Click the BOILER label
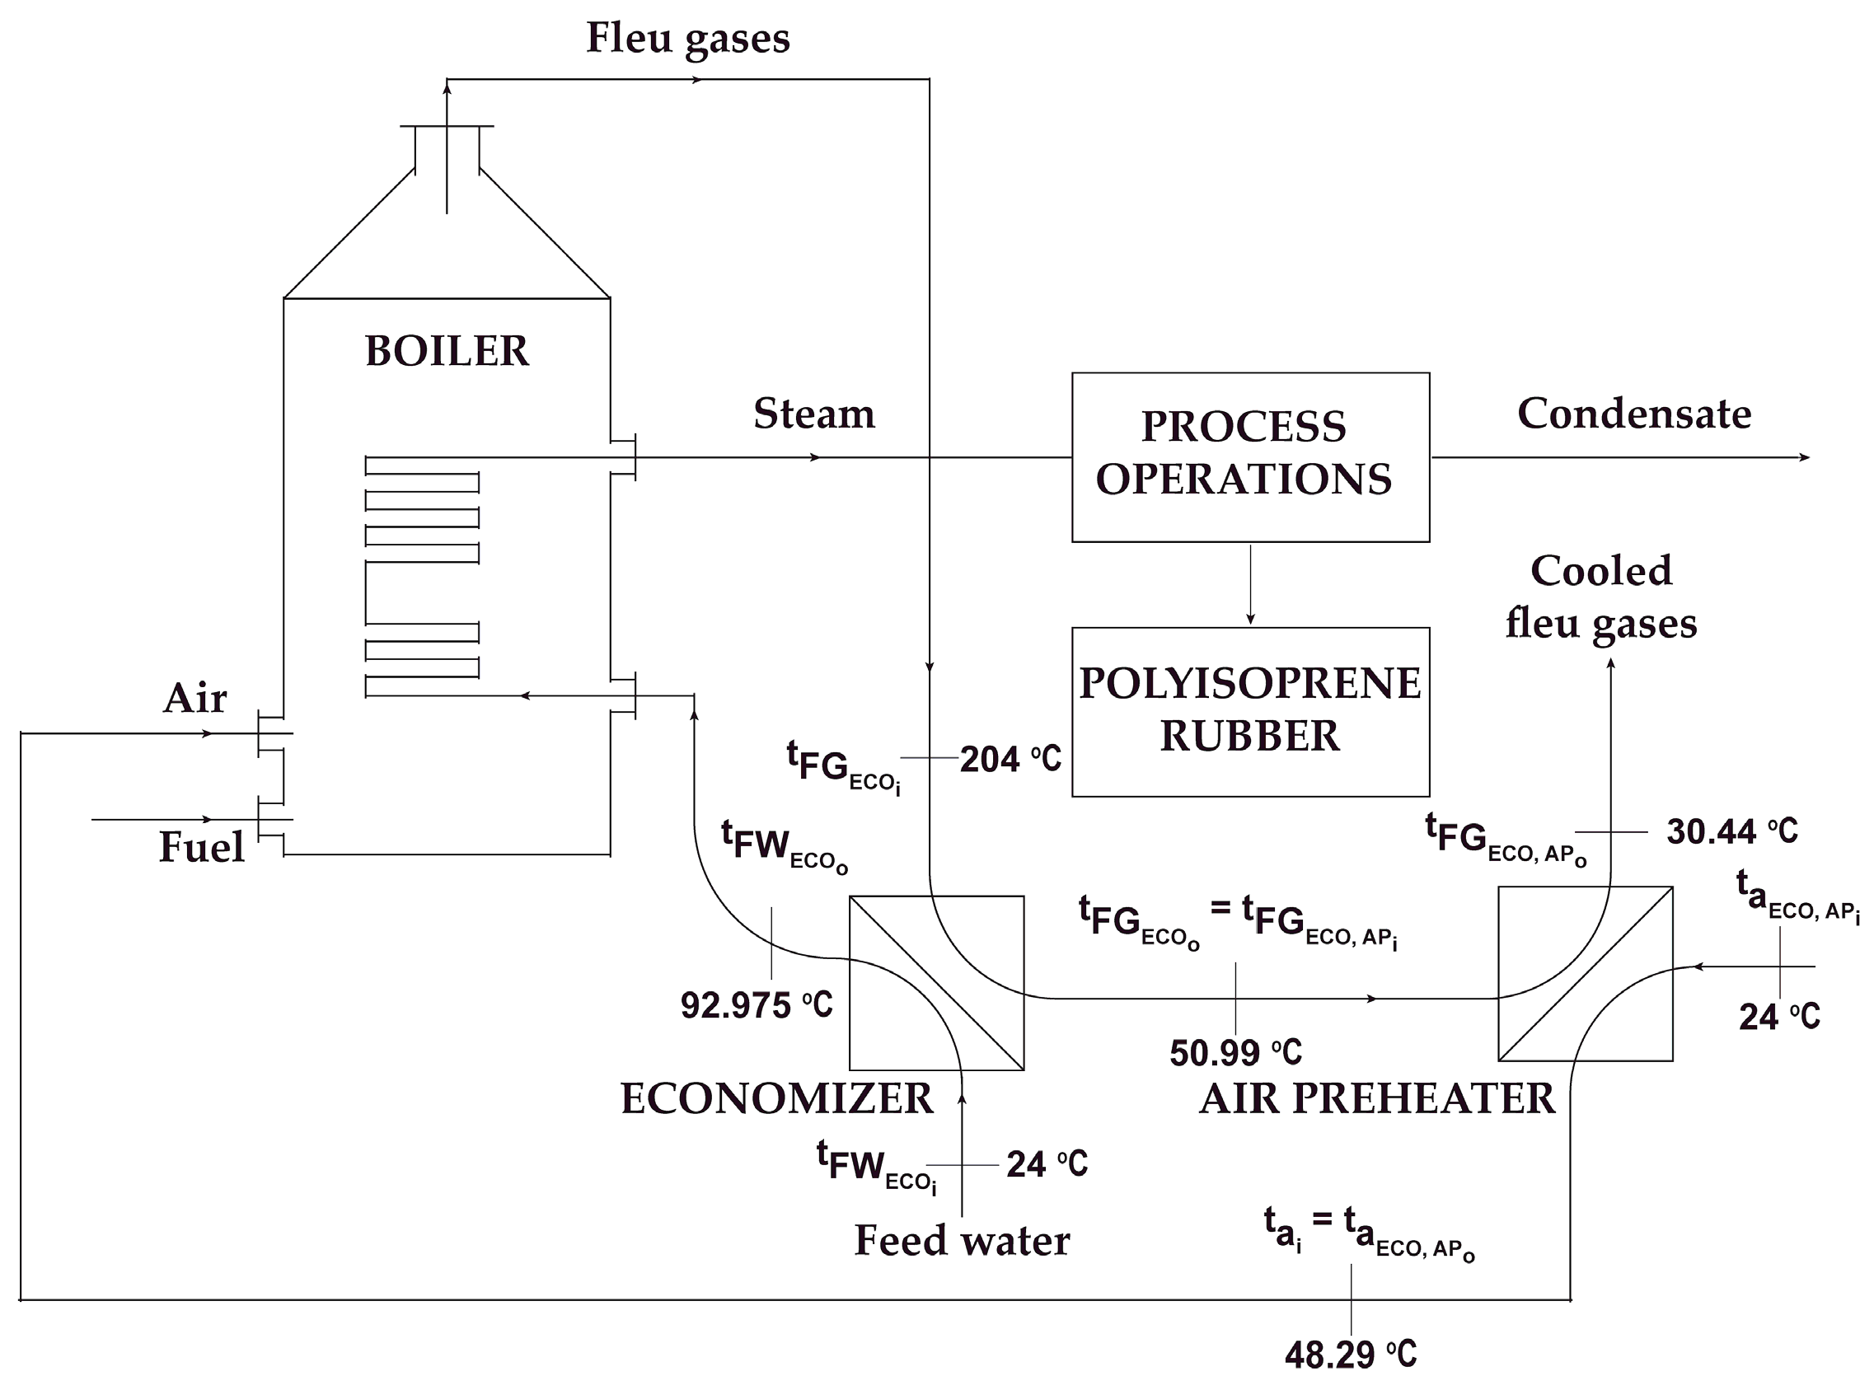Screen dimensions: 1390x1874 point(447,351)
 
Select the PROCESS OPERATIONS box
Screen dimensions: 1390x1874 point(1249,457)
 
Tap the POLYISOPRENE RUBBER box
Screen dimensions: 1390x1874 point(1249,711)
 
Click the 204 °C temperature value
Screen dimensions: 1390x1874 point(1010,759)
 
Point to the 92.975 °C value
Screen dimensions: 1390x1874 point(756,1004)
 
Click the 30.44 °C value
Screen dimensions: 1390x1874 point(1731,831)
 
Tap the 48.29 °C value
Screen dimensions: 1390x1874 point(1351,1354)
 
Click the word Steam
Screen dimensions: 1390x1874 point(813,413)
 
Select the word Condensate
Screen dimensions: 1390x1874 point(1633,413)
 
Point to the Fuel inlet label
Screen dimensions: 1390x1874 point(201,846)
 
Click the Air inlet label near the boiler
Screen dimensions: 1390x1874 point(194,698)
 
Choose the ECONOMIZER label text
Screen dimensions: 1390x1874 point(776,1098)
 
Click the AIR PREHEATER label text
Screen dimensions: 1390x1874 point(1377,1098)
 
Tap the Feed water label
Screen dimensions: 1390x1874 point(962,1240)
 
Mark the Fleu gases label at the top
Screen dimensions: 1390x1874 point(687,38)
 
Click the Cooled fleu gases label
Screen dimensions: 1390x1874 point(1600,597)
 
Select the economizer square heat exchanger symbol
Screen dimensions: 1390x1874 point(935,983)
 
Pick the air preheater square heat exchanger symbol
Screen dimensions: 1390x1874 point(1585,974)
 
